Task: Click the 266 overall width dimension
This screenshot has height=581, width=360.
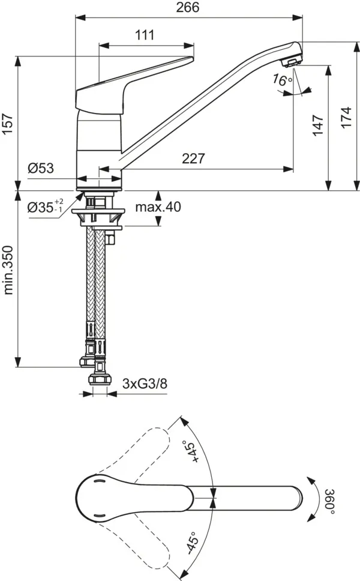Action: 188,7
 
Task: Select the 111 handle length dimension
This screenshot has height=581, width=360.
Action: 145,35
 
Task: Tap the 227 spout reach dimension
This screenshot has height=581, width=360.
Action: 193,159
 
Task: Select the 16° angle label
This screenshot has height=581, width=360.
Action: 282,80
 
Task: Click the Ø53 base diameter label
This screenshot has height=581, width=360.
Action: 41,169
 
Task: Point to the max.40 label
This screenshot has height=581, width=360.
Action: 158,207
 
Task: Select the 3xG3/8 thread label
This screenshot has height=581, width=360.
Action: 145,383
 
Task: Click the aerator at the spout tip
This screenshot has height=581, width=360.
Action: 292,60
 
